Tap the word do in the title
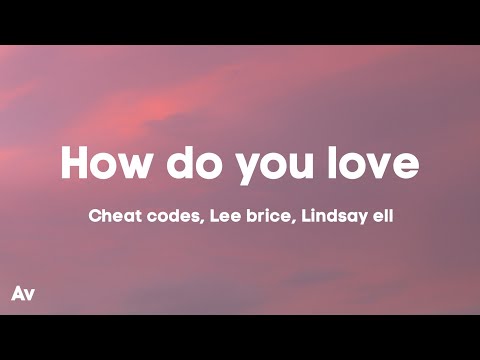196,162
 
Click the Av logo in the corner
22,293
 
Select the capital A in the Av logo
18,293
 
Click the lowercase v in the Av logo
29,294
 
